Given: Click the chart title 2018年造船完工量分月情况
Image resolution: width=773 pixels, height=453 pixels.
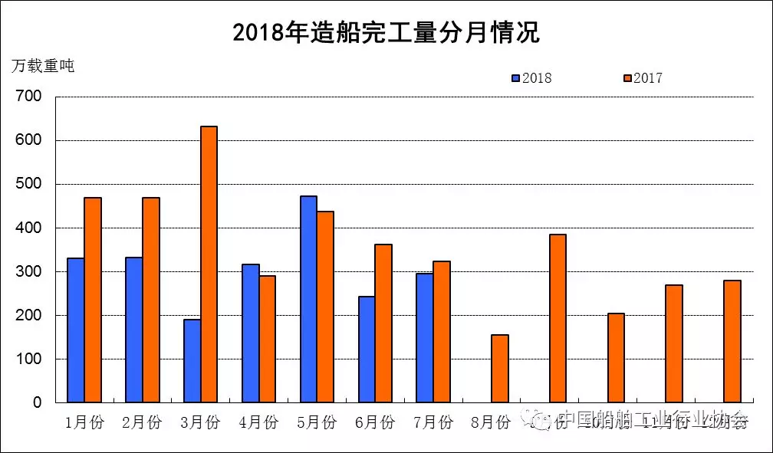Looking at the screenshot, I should pos(386,32).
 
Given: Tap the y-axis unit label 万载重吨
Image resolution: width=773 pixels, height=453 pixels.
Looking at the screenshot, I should pos(43,66).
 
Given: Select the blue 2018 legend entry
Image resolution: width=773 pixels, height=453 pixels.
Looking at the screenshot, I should pos(531,77).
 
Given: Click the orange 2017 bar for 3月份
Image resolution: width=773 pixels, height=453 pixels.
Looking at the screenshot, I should pos(209,264).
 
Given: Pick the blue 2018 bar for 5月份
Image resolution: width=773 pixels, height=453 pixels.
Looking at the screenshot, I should pos(308,299).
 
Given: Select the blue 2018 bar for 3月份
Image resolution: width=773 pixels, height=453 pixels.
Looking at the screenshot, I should pos(192,360).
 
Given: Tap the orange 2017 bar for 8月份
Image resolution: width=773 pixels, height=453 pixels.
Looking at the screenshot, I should pos(499,368).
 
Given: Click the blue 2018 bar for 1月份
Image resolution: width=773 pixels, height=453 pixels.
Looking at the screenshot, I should pos(76,330).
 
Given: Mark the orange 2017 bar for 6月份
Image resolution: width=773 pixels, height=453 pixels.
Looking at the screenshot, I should pos(383,323).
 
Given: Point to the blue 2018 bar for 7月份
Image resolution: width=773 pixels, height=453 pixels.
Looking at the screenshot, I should pos(424,337).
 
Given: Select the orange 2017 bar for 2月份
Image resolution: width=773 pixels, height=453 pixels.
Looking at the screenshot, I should pos(151,300).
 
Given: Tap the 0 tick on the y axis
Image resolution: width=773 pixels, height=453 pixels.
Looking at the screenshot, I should pos(36,402).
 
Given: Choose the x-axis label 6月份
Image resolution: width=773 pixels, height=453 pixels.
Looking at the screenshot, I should pos(375,422).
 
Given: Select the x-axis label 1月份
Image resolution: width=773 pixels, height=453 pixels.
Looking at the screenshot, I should pos(84,422).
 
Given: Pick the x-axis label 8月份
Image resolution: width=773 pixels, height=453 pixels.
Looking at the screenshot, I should pos(491,422).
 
